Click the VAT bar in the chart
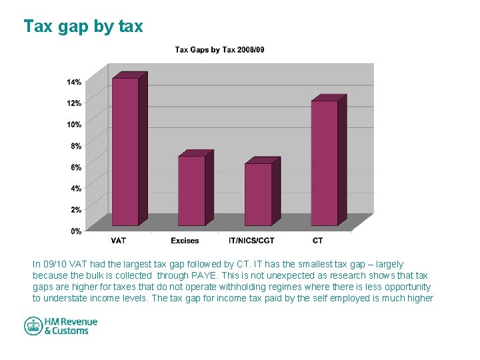[x=125, y=151]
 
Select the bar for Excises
[x=191, y=191]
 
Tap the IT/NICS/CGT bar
[x=258, y=194]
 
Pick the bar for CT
[x=325, y=163]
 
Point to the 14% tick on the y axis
[x=73, y=82]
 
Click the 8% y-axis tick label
[x=75, y=146]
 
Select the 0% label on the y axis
[x=75, y=231]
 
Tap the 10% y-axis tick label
[x=73, y=125]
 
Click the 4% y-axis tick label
[x=75, y=189]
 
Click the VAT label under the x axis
[x=119, y=241]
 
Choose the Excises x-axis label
[x=185, y=241]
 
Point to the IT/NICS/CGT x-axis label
[x=251, y=241]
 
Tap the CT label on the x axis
[x=318, y=241]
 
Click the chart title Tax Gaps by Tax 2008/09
[x=220, y=50]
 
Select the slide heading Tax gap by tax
[x=83, y=26]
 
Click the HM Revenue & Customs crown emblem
[x=33, y=326]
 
